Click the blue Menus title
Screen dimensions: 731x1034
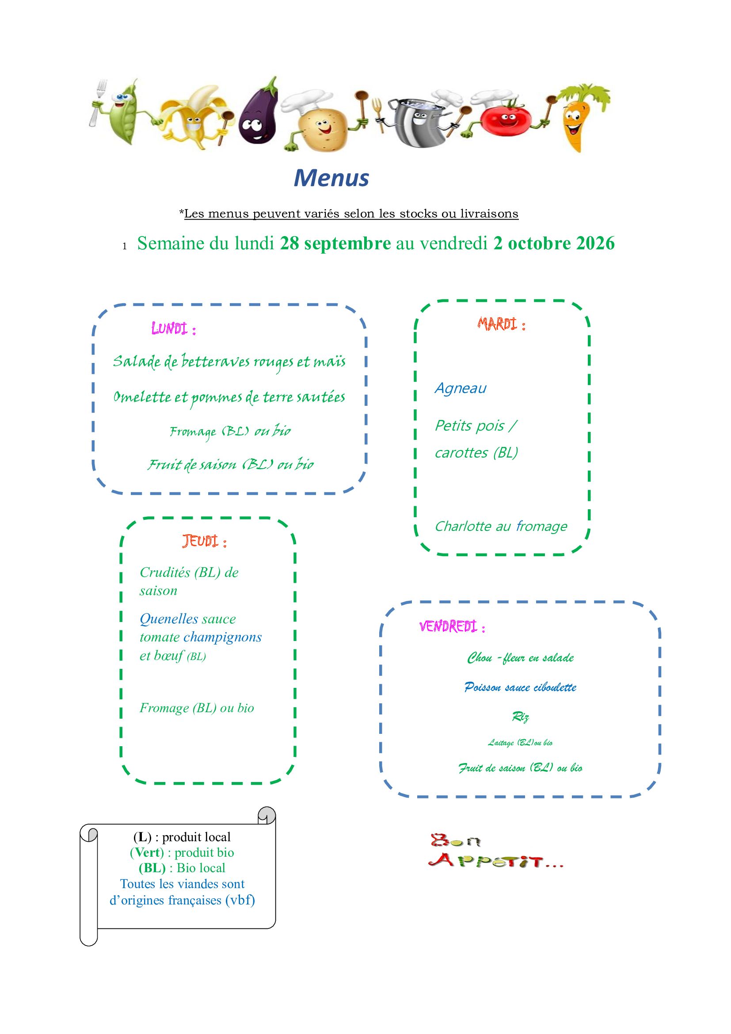(x=331, y=178)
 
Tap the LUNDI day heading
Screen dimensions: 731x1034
(x=174, y=329)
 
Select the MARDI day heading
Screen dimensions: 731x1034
(x=502, y=324)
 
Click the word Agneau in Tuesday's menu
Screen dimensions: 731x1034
(x=461, y=388)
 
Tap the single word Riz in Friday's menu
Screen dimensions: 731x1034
(x=520, y=717)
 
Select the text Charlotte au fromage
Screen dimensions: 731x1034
(x=501, y=526)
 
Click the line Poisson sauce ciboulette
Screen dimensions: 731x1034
(x=520, y=687)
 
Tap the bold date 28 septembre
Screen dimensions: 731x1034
(x=335, y=243)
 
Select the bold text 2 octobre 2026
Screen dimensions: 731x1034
(x=554, y=243)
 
